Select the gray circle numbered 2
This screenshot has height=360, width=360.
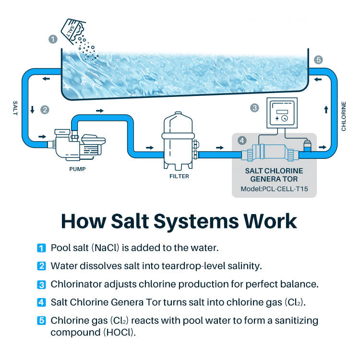coord(45,110)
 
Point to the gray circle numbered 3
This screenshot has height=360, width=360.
coord(255,108)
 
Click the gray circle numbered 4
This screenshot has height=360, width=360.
coord(242,141)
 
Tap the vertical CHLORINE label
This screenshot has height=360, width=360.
coord(344,116)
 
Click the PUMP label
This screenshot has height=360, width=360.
coord(77,169)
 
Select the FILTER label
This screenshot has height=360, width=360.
coord(179,176)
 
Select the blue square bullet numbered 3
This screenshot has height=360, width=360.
coord(41,284)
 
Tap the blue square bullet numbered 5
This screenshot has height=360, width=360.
coord(41,320)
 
